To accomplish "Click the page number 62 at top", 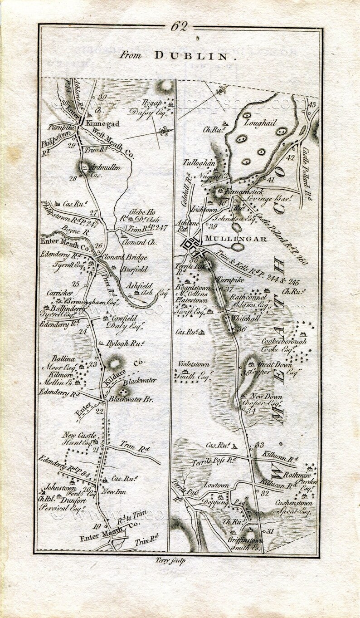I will coord(179,27).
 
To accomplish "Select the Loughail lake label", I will coord(260,123).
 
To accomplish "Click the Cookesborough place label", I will coord(284,341).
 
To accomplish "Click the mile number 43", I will coord(311,104).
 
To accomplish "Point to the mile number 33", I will coord(259,445).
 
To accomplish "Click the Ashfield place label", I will coord(138,286).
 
